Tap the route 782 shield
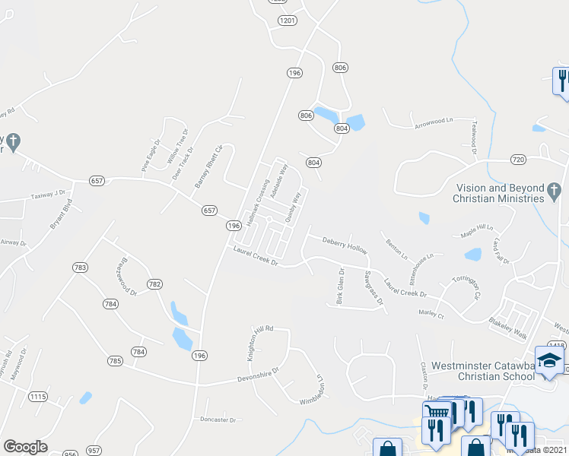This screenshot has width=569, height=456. point(154,284)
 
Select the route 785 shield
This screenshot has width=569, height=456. point(115,361)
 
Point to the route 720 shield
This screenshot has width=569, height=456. point(518,160)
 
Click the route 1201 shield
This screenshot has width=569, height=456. point(286,20)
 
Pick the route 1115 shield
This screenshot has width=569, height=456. point(37,397)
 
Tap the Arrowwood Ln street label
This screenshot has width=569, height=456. point(433,121)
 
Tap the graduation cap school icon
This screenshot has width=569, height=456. point(549,359)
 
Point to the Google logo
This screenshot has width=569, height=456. point(25,447)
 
